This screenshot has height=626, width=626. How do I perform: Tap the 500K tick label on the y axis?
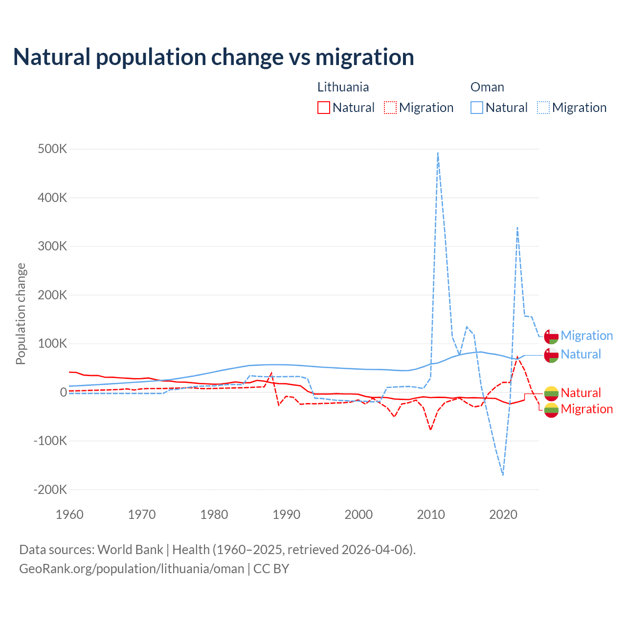(52, 149)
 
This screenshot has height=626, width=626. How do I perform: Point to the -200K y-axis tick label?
(50, 490)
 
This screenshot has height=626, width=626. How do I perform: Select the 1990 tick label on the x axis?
(286, 514)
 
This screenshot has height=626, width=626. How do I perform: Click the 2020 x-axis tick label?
(503, 514)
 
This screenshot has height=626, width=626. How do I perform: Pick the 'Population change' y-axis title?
(21, 314)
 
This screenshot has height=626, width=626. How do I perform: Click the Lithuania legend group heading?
(343, 87)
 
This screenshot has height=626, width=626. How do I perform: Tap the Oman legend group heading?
(487, 87)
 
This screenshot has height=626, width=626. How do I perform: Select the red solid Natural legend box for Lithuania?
(323, 108)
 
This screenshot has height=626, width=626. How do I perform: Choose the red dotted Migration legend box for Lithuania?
(390, 108)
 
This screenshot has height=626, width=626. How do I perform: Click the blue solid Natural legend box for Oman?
(476, 108)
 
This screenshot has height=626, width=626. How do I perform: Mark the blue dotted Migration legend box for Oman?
(543, 108)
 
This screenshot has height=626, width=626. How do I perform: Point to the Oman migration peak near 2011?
(438, 153)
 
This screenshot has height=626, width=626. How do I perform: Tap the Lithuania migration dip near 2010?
(430, 429)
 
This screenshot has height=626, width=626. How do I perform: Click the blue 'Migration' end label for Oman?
(586, 335)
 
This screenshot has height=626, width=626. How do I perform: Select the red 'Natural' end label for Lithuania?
(581, 393)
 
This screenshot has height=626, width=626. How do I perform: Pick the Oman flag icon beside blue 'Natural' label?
(551, 355)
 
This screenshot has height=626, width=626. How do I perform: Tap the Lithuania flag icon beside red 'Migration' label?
(551, 410)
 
